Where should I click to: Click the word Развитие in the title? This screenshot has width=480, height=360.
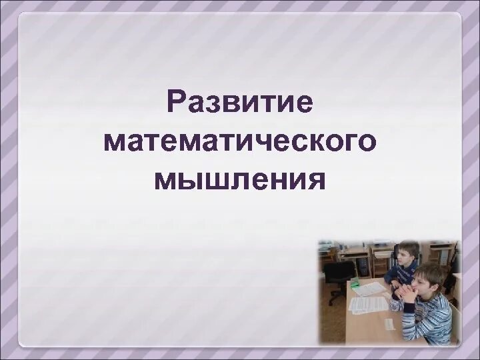(240, 103)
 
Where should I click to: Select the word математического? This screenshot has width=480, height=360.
(240, 141)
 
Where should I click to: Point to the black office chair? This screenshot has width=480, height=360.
(339, 274)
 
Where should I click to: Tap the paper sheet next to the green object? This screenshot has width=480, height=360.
(371, 289)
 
